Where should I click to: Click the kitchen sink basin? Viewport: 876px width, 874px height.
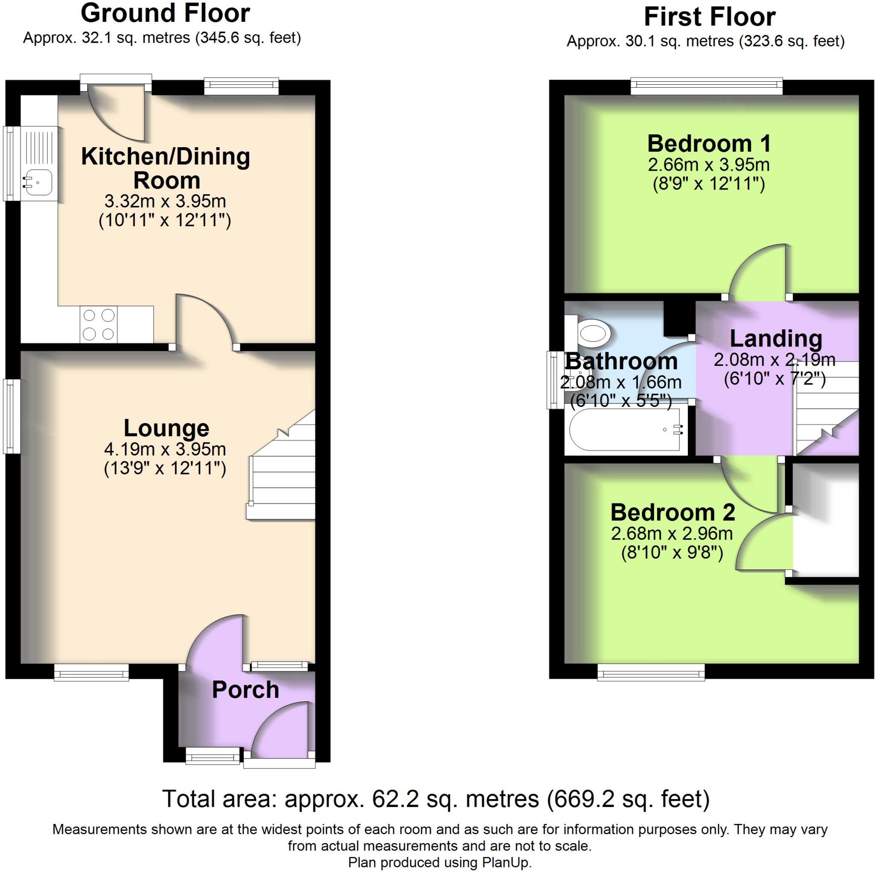point(39,182)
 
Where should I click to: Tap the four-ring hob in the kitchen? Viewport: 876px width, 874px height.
point(98,324)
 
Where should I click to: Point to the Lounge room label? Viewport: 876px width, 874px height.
point(166,428)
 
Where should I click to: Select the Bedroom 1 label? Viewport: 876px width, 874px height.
point(709,144)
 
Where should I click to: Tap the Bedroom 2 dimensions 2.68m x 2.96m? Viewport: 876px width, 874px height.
point(672,534)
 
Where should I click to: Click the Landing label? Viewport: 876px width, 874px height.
point(776,339)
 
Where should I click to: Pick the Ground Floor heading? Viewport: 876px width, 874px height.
point(165,13)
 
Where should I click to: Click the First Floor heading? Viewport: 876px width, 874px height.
point(709,17)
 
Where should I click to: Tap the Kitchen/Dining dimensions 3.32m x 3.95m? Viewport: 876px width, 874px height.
point(165,201)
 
